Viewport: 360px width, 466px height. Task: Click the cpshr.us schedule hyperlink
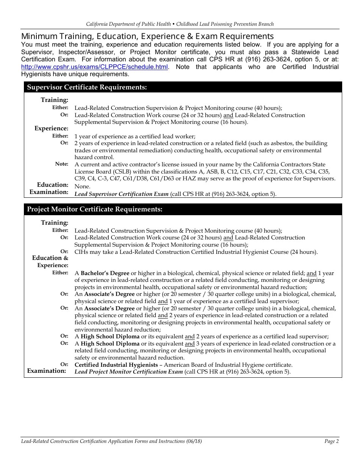94,67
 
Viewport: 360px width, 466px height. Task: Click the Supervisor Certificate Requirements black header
87,88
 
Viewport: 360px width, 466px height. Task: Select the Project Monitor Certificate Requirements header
94,210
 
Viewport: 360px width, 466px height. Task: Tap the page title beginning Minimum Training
147,36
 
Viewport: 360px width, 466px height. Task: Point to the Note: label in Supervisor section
61,164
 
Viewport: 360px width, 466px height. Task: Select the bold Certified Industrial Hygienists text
116,365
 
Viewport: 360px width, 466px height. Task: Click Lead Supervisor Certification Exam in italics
121,194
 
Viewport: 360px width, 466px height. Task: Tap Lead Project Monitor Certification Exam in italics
128,372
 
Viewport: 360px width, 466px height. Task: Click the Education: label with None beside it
52,185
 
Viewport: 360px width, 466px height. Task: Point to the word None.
82,186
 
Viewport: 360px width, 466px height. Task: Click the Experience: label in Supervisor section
51,128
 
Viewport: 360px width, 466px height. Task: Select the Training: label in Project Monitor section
55,223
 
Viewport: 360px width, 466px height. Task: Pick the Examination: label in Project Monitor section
46,371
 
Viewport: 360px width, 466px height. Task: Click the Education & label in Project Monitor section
50,258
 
